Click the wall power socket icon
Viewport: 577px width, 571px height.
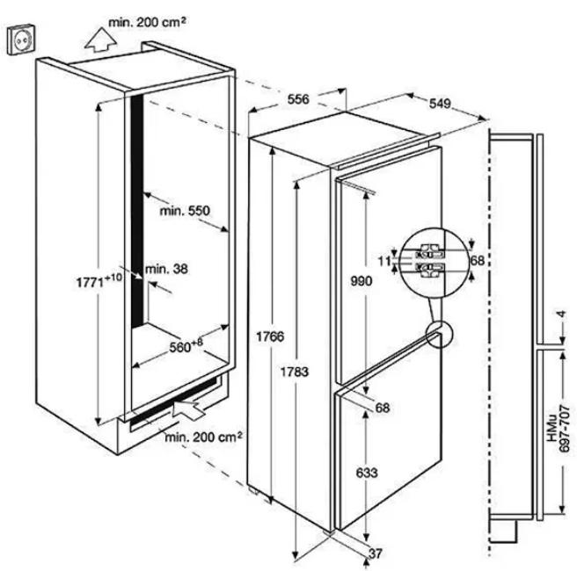[x=21, y=40]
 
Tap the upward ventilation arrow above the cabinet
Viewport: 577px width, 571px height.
[x=100, y=40]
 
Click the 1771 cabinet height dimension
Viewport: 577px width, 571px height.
[x=99, y=280]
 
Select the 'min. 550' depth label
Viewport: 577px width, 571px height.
[x=185, y=211]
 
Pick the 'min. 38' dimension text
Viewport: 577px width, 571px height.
[x=166, y=269]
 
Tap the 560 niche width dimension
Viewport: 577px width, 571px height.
[x=186, y=345]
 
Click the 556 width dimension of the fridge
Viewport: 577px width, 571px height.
[x=298, y=99]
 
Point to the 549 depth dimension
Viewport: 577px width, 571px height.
[x=440, y=104]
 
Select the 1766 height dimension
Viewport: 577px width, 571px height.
[x=270, y=336]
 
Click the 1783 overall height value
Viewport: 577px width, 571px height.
[x=295, y=372]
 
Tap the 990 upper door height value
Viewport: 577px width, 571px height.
[x=362, y=281]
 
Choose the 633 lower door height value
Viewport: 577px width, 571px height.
[x=367, y=472]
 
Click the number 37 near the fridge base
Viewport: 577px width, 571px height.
[x=376, y=553]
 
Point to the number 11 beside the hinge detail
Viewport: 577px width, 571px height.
[x=384, y=261]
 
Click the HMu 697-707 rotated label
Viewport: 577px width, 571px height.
[x=559, y=428]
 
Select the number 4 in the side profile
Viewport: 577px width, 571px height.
[x=560, y=314]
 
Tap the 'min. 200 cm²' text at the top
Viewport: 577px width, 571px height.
[x=147, y=22]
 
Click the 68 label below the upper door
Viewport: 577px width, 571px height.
[x=383, y=408]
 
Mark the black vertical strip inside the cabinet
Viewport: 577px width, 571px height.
[x=136, y=212]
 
